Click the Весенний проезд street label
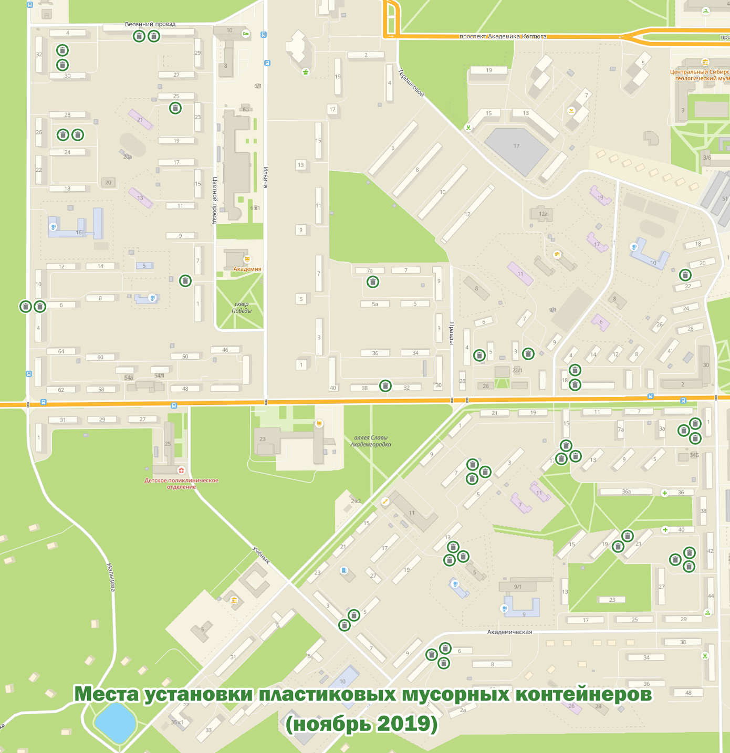point(150,24)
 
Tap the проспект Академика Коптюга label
point(503,37)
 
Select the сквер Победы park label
point(242,308)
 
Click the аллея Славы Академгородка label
point(371,441)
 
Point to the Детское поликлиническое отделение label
point(181,484)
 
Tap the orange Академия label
point(247,269)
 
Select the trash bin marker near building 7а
point(372,282)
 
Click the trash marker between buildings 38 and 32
point(385,386)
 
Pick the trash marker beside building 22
point(685,275)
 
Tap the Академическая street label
point(509,632)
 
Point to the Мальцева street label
point(111,577)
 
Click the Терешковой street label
point(411,83)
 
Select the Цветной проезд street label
point(214,200)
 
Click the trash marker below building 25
point(175,108)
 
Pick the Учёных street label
point(261,555)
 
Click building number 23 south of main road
point(263,439)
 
